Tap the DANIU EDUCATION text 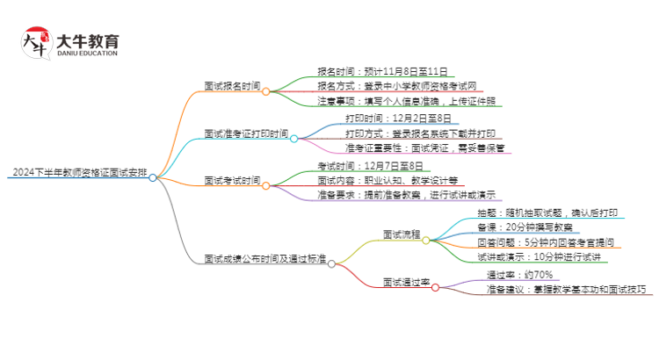[87, 54]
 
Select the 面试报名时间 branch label [232, 87]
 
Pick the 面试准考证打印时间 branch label [246, 134]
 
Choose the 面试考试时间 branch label [232, 181]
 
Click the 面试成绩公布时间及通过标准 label [264, 260]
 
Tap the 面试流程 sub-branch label [401, 235]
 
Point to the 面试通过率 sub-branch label [405, 282]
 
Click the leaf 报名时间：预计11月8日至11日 [384, 72]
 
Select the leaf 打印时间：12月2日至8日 [398, 119]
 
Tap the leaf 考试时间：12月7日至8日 [370, 165]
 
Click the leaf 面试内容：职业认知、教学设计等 [387, 180]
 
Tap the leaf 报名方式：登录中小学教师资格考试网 [397, 87]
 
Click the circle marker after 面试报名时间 [265, 91]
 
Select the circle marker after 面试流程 [426, 240]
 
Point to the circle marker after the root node [153, 177]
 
